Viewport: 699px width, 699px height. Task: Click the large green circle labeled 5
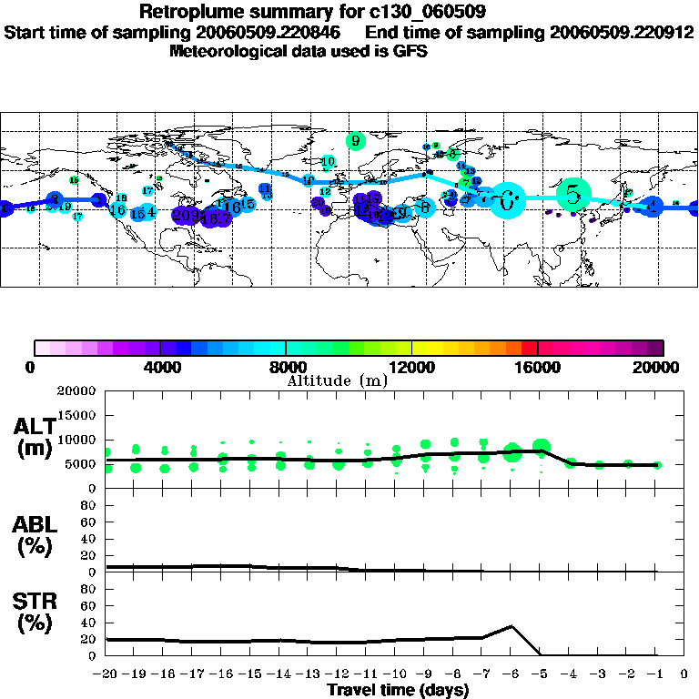click(572, 194)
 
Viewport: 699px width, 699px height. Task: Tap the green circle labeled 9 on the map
click(356, 141)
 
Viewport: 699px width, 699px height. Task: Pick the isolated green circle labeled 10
click(328, 162)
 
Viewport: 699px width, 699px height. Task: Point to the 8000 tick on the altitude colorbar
click(286, 348)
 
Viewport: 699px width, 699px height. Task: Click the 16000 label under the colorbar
click(538, 368)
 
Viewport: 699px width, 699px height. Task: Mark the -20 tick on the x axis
click(106, 674)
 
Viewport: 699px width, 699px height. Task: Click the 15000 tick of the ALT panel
click(80, 415)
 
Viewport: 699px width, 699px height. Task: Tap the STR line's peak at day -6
click(512, 626)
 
